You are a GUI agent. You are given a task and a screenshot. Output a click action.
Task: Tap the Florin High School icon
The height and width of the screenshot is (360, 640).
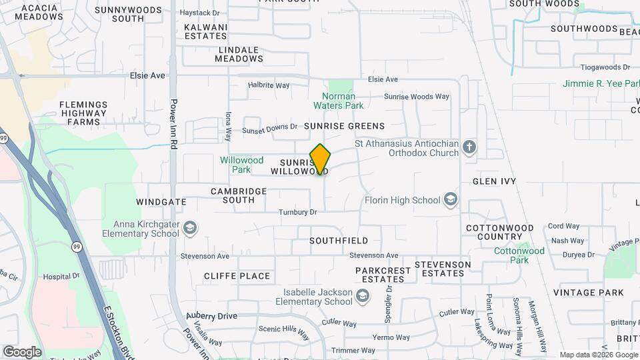click(451, 199)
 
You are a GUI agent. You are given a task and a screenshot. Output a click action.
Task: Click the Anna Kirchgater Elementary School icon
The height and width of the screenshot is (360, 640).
click(190, 229)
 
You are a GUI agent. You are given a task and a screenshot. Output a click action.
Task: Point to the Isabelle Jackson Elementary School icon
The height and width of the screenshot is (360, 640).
click(363, 297)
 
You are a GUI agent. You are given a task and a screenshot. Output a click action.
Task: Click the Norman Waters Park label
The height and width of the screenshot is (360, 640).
click(339, 101)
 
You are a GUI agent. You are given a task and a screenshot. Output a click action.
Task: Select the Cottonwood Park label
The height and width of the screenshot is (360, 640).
click(519, 255)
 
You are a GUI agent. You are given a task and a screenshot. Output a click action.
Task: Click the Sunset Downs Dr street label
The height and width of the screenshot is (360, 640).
click(269, 129)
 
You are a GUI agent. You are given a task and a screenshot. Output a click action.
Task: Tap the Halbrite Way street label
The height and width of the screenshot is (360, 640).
click(269, 85)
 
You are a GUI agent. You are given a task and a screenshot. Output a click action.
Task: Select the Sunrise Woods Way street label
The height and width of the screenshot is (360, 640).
click(416, 97)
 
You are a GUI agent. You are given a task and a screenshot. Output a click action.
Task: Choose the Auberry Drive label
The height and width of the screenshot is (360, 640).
click(211, 315)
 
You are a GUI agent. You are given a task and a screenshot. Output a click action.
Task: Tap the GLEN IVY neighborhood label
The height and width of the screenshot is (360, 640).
click(494, 181)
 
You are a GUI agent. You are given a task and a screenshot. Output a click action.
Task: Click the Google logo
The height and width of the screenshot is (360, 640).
click(22, 351)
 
